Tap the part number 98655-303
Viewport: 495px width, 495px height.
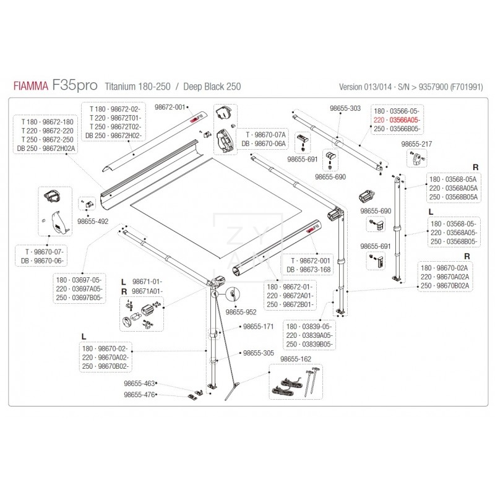click(x=345, y=108)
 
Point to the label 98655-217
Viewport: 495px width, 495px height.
click(x=416, y=144)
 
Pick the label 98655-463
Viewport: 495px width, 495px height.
click(x=139, y=384)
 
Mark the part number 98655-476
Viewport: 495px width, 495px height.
click(x=139, y=394)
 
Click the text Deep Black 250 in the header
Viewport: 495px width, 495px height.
click(x=209, y=87)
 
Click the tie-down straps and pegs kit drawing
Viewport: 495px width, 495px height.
click(x=296, y=380)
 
